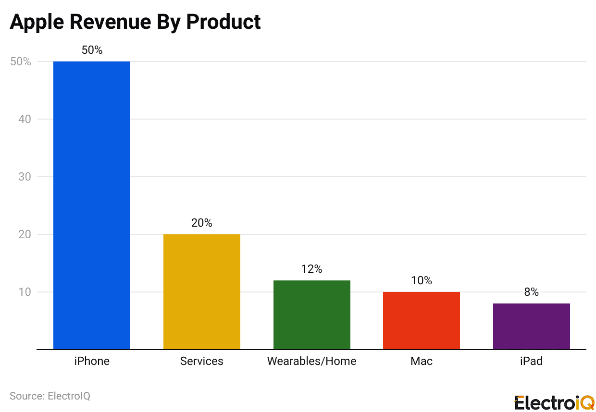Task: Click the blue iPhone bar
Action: point(91,206)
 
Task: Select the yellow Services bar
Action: point(201,291)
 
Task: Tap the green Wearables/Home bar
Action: point(311,315)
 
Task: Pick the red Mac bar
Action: point(421,320)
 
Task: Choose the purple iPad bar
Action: point(531,326)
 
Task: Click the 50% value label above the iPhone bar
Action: point(92,50)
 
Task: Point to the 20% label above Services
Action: point(201,223)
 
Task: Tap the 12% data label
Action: point(311,269)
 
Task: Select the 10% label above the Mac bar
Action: point(421,280)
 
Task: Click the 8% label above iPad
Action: point(531,292)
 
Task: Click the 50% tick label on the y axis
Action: point(21,61)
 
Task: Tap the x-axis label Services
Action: point(201,361)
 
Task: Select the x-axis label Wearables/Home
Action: point(311,361)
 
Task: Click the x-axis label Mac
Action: point(421,361)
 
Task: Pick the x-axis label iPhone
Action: point(92,361)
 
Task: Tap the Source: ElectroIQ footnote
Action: point(50,396)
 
